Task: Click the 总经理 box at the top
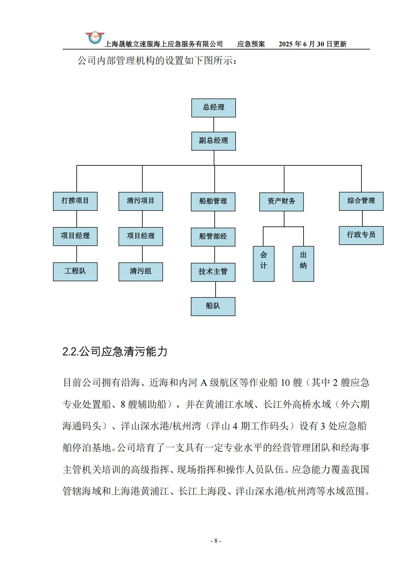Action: (x=213, y=108)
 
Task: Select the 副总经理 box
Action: (x=213, y=141)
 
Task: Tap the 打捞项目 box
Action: (x=75, y=201)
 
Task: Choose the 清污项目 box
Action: (x=141, y=201)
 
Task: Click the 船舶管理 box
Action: (x=213, y=202)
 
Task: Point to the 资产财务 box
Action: (x=281, y=202)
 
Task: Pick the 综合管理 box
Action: (x=361, y=201)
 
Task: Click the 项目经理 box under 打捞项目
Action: (x=75, y=236)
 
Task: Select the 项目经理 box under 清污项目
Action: (x=141, y=236)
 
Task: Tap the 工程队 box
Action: (x=75, y=272)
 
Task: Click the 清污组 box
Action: (x=141, y=272)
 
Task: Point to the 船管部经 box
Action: (x=213, y=237)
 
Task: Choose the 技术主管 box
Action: (x=213, y=272)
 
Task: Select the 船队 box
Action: (x=213, y=306)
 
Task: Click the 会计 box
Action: (x=263, y=263)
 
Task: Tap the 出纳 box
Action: (x=303, y=263)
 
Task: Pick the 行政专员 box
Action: (x=361, y=235)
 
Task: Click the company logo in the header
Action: (x=95, y=38)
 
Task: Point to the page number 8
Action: (x=216, y=541)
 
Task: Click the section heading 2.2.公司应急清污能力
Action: (x=115, y=351)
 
